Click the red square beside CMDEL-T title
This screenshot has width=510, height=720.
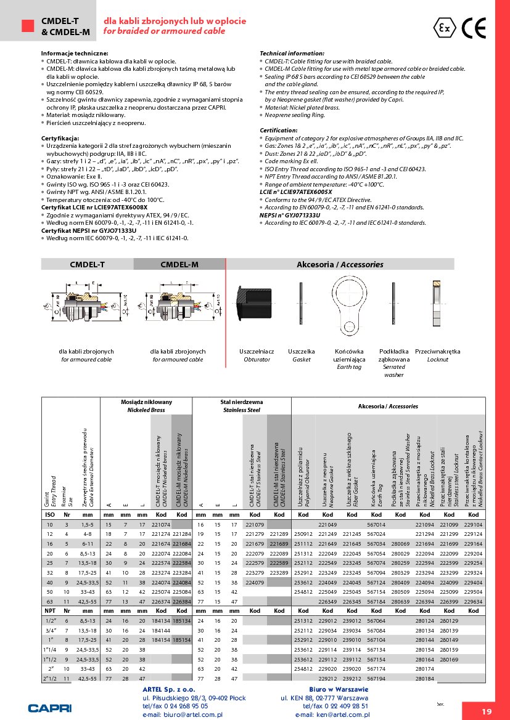point(27,25)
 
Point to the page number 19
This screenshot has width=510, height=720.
point(487,711)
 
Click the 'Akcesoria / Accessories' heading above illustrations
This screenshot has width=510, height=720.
point(340,264)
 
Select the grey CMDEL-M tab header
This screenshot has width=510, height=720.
point(179,264)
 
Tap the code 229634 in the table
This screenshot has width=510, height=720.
point(473,601)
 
